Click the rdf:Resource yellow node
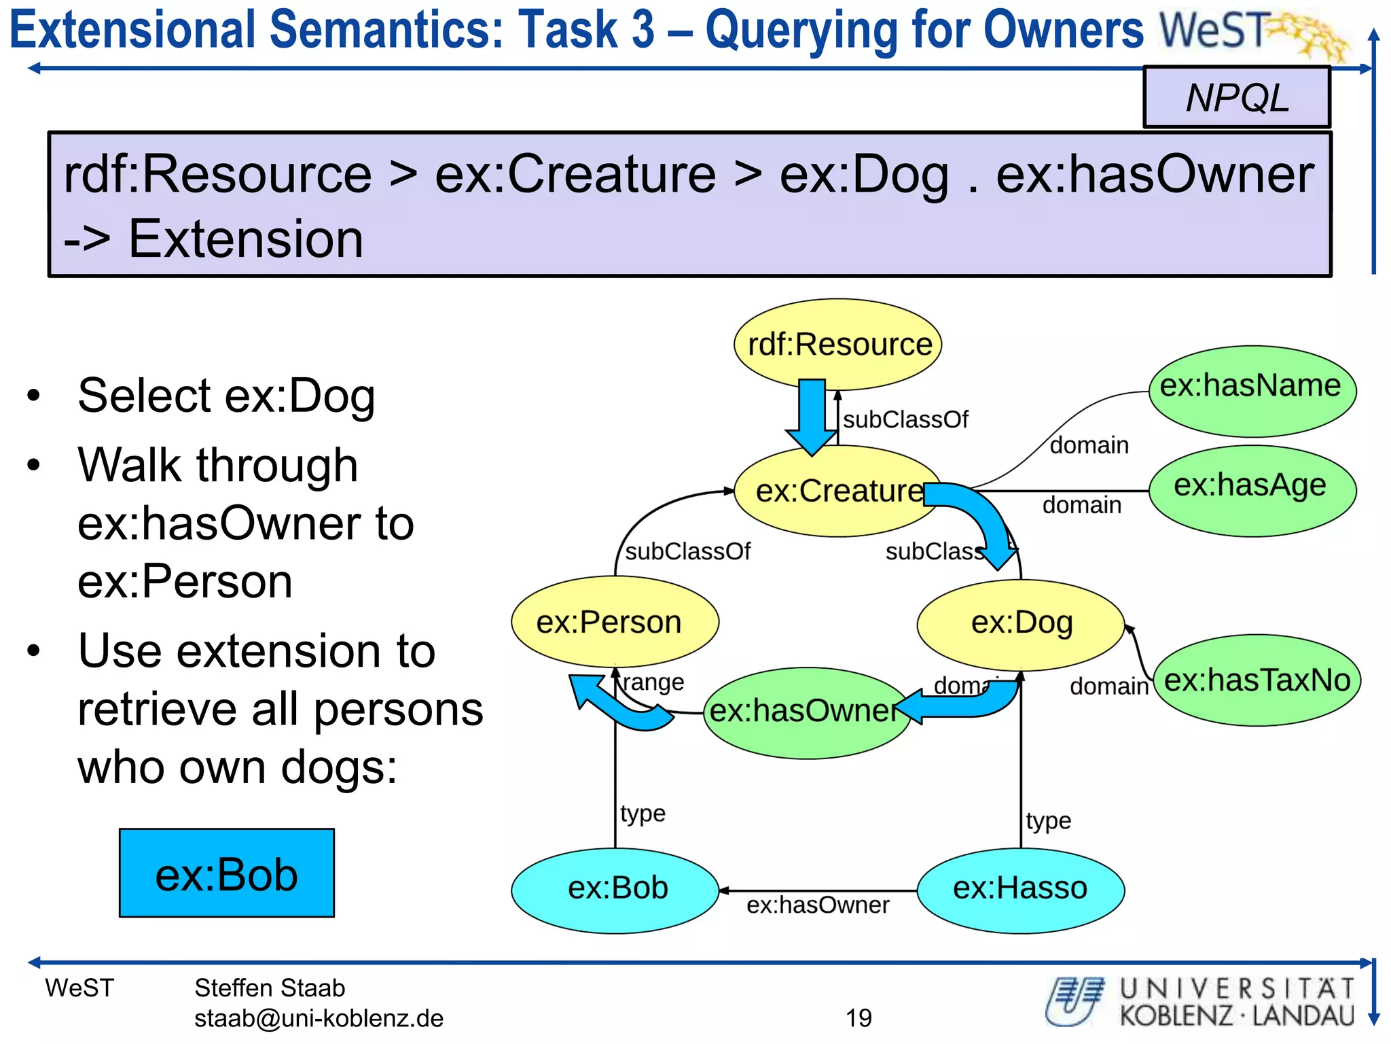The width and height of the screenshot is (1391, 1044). tap(838, 344)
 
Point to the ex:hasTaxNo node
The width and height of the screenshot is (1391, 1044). tap(1257, 680)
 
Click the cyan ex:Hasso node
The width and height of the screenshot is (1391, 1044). tap(1020, 889)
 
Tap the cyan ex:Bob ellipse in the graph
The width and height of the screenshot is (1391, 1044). tap(615, 889)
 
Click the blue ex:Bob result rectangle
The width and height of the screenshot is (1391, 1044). tap(226, 873)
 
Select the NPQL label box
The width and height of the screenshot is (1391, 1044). tap(1236, 97)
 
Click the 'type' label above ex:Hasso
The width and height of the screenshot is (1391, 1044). tap(1048, 820)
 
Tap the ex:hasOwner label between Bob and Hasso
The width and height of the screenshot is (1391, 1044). tap(817, 905)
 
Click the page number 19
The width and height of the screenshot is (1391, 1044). tap(859, 1017)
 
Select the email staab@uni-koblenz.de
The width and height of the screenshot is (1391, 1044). tap(319, 1018)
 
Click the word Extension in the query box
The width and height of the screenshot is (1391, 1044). tap(246, 239)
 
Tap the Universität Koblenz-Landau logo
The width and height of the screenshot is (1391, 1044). tap(1200, 1001)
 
